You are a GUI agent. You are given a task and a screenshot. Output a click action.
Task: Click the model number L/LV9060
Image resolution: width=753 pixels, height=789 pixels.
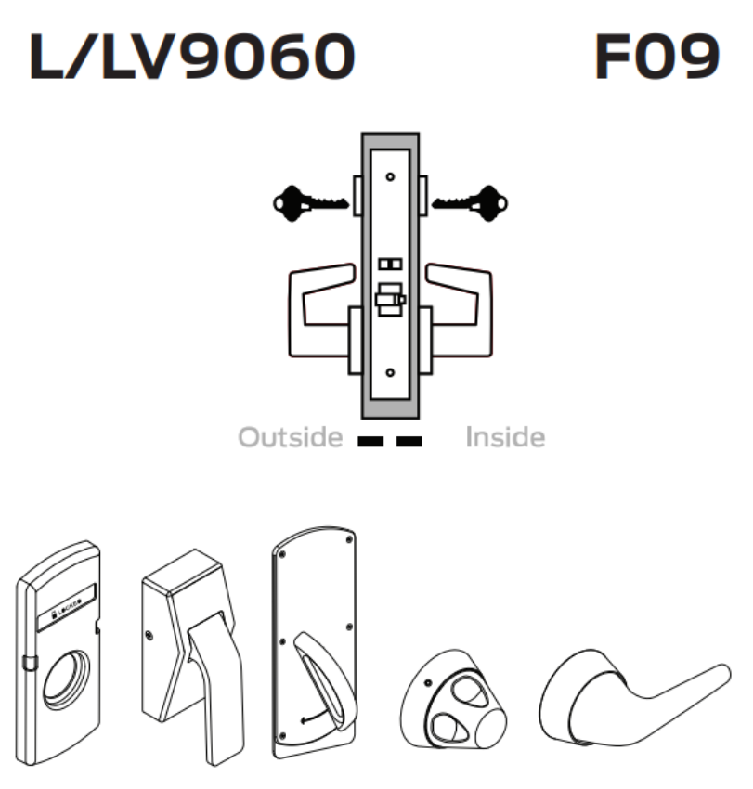tap(192, 58)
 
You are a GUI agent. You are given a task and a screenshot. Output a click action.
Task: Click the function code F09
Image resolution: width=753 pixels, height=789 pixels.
tap(656, 58)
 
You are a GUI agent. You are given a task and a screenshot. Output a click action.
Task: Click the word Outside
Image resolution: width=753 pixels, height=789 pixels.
tap(291, 437)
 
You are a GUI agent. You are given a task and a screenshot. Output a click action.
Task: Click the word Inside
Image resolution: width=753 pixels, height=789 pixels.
tap(505, 437)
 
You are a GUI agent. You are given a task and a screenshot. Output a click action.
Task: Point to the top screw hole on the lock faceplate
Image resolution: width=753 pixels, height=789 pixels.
tap(390, 176)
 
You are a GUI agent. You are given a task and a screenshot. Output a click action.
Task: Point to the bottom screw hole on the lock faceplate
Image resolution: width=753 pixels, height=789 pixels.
tap(390, 373)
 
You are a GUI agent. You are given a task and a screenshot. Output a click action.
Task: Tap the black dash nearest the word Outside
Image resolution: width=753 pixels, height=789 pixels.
tap(370, 440)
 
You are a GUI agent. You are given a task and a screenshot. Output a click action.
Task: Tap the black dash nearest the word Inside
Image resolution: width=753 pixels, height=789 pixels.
tap(409, 440)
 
